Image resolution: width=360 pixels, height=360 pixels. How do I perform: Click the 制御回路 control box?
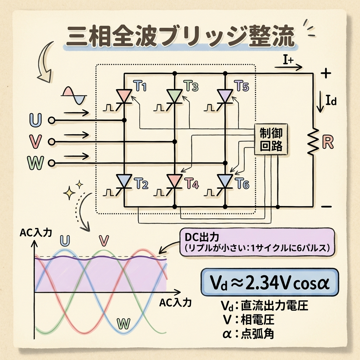(x=271, y=140)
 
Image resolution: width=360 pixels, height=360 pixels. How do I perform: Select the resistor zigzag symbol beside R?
(x=313, y=142)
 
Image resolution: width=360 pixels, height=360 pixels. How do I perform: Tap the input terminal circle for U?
(x=52, y=120)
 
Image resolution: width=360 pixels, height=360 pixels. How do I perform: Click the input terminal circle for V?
(x=52, y=142)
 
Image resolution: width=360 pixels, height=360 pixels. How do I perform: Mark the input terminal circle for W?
(x=52, y=163)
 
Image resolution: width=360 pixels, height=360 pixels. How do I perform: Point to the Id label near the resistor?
(x=331, y=102)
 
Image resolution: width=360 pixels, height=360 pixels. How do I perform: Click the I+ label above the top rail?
(x=288, y=60)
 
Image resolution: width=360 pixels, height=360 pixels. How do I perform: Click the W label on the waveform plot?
(x=123, y=322)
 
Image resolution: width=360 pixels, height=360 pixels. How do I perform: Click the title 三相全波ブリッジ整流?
(x=180, y=38)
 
